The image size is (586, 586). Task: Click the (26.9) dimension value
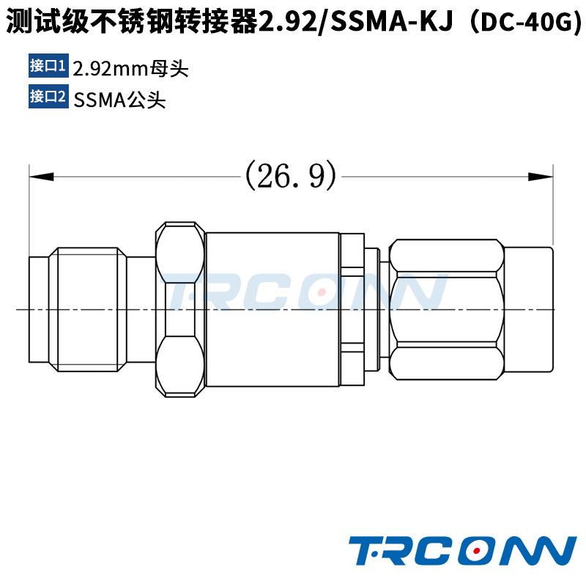click(291, 176)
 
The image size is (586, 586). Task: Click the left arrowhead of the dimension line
click(41, 177)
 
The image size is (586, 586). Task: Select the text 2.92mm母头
click(130, 70)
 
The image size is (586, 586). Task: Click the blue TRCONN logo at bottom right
click(461, 551)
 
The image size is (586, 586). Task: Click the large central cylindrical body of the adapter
click(272, 309)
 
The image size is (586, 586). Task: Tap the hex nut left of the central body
click(179, 309)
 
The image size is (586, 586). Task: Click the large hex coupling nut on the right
click(447, 309)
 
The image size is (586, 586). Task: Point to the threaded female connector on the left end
click(88, 309)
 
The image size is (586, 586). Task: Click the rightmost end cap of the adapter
click(529, 309)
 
